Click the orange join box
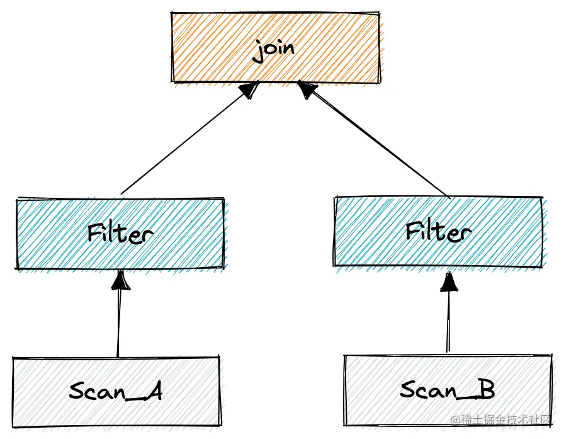[x=208, y=47]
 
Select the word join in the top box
[x=274, y=50]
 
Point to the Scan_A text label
[x=116, y=391]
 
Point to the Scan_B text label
[x=447, y=390]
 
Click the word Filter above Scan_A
[x=120, y=234]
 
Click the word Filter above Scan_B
[x=438, y=231]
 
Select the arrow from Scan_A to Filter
[x=118, y=321]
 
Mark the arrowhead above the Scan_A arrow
[x=120, y=280]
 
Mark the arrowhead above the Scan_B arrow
[x=448, y=282]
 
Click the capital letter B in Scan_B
[x=485, y=390]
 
